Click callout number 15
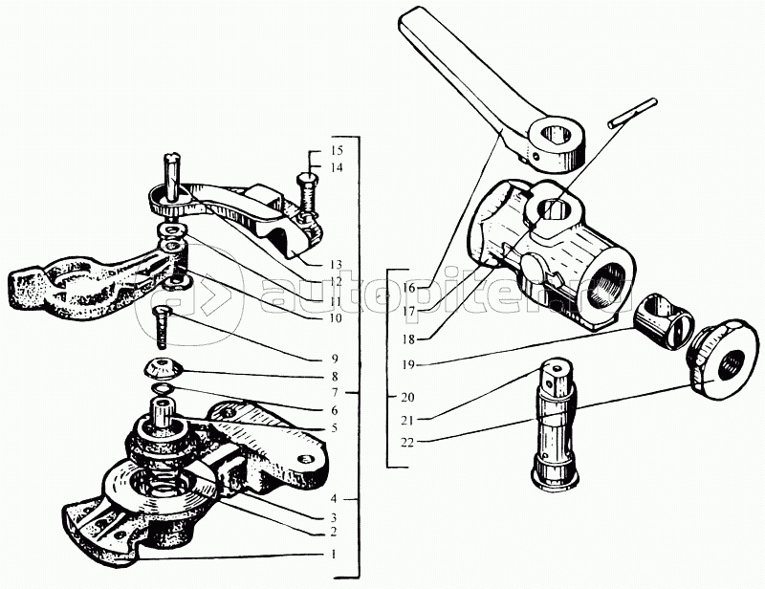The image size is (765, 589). pyautogui.click(x=336, y=150)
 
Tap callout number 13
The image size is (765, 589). pyautogui.click(x=336, y=265)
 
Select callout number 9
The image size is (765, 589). pyautogui.click(x=334, y=359)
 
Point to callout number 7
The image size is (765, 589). pyautogui.click(x=334, y=392)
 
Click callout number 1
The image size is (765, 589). pyautogui.click(x=334, y=555)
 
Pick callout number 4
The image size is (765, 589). pyautogui.click(x=334, y=499)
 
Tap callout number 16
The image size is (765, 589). pyautogui.click(x=409, y=288)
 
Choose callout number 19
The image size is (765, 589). pyautogui.click(x=409, y=364)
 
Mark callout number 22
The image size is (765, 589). pyautogui.click(x=409, y=443)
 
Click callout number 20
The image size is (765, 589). pyautogui.click(x=409, y=397)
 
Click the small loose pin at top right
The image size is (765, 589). pyautogui.click(x=633, y=113)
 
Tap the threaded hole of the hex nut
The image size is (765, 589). pyautogui.click(x=727, y=364)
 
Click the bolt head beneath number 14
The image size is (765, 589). pyautogui.click(x=306, y=178)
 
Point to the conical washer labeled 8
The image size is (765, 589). pyautogui.click(x=164, y=368)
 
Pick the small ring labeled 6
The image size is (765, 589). pyautogui.click(x=162, y=388)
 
